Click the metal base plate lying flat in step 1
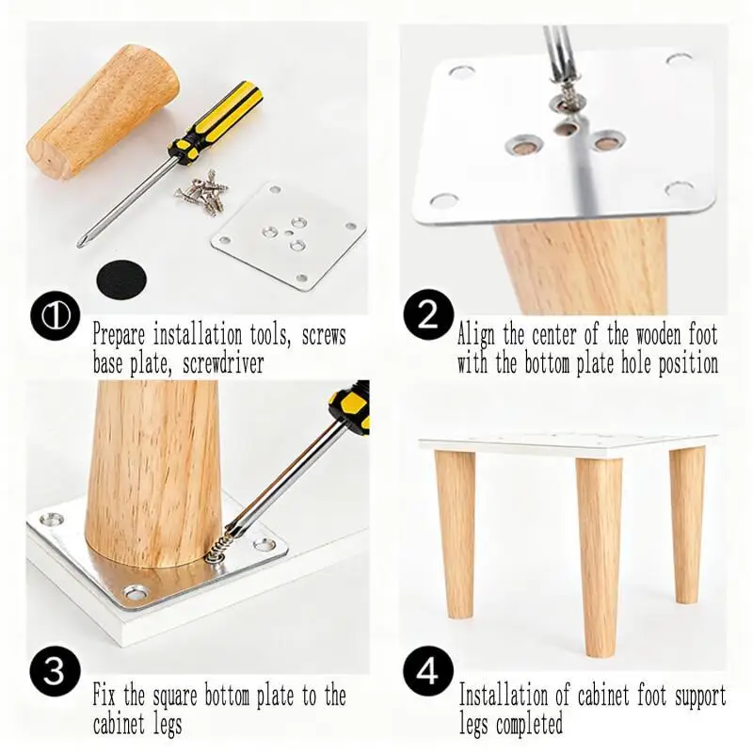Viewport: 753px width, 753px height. click(x=288, y=235)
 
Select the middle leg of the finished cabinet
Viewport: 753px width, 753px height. click(x=599, y=554)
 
